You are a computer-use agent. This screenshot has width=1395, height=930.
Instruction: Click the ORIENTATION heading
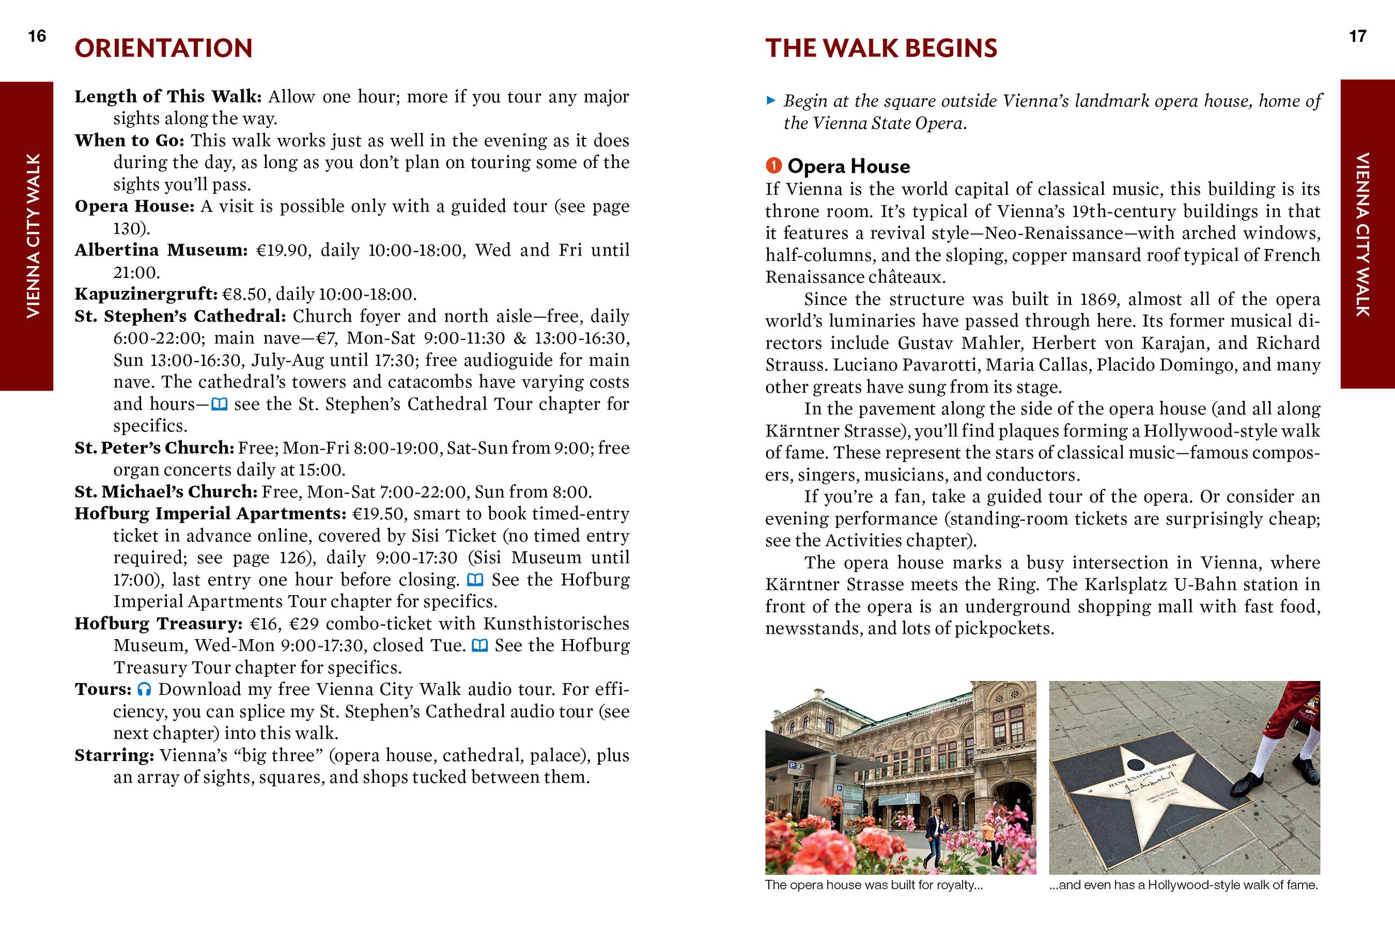[x=164, y=48]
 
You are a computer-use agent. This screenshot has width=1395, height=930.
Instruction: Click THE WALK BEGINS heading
[x=881, y=48]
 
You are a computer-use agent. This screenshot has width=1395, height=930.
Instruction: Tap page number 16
[x=37, y=36]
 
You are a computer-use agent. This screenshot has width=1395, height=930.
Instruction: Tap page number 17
[x=1357, y=36]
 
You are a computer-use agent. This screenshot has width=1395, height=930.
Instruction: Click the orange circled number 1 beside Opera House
[x=773, y=165]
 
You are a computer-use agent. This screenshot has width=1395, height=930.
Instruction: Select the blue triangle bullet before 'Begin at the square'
[x=770, y=100]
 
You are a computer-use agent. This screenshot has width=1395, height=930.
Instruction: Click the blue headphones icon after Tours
[x=144, y=689]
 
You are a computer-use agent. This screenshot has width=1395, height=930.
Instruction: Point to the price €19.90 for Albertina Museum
[x=283, y=250]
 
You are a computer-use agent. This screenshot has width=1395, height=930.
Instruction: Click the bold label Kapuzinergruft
[x=146, y=294]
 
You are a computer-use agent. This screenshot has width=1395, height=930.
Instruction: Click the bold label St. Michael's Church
[x=166, y=492]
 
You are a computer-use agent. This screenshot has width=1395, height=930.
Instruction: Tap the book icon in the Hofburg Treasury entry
[x=480, y=645]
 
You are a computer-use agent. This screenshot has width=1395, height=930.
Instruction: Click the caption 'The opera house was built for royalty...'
[x=874, y=885]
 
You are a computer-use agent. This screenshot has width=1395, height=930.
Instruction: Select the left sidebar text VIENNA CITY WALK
[x=33, y=236]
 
